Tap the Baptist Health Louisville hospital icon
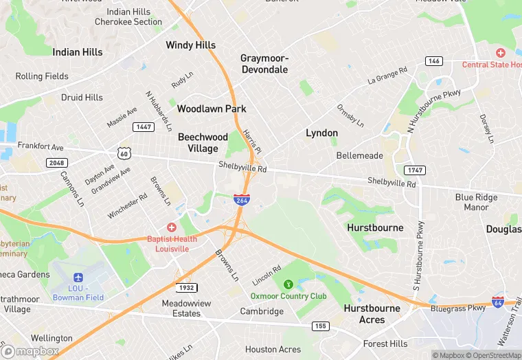[171, 227]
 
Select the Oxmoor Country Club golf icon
[288, 284]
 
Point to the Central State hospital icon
[501, 53]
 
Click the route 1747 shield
[414, 170]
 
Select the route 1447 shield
[144, 126]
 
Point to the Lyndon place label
[321, 133]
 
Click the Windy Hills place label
[190, 45]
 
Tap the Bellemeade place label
[359, 156]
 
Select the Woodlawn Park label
[211, 109]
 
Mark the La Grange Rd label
[387, 75]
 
